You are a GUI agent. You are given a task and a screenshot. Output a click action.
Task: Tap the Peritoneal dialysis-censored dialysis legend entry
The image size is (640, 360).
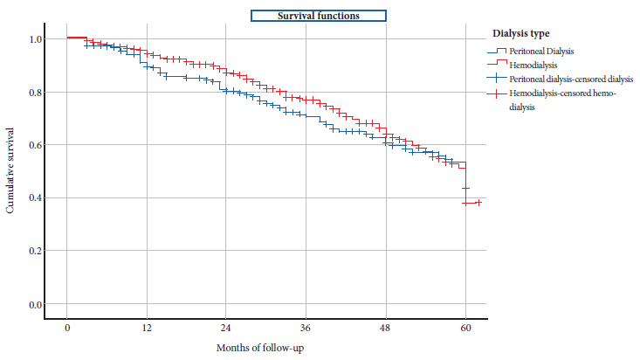559,79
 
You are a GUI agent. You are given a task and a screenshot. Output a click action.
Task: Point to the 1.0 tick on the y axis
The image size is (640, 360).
35,39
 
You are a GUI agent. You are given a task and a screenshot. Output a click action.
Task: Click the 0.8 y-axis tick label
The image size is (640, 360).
35,93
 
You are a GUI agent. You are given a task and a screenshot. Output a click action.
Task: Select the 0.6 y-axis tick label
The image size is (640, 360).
35,145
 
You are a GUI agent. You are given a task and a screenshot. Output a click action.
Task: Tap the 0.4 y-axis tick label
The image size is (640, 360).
35,198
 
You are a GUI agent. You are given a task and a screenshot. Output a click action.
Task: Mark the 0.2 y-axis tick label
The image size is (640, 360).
35,252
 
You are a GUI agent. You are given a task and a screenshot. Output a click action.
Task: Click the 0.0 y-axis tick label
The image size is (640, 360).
35,305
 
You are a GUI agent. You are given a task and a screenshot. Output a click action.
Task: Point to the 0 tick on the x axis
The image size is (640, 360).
67,328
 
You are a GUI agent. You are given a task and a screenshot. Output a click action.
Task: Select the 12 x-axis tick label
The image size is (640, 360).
147,328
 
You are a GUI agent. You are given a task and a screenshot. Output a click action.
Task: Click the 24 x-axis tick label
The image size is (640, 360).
226,328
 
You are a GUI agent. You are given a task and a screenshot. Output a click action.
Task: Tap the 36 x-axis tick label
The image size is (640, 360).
306,328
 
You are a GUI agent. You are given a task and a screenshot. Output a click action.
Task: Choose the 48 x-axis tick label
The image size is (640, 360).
385,328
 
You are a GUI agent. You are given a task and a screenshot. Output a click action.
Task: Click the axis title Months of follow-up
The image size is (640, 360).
261,348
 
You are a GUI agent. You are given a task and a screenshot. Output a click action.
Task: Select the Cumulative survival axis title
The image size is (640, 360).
11,172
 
